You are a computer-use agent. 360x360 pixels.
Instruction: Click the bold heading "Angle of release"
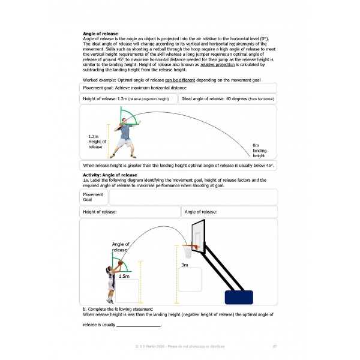pos(100,34)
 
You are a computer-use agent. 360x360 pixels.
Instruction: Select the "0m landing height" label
pos(259,150)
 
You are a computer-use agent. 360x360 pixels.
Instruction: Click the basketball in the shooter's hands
pos(120,263)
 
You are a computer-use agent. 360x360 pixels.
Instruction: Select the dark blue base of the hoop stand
pos(239,297)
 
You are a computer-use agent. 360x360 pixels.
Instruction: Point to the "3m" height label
pos(185,264)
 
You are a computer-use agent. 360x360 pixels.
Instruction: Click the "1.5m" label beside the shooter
pos(124,276)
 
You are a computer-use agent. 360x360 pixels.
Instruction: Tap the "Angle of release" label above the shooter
pos(120,247)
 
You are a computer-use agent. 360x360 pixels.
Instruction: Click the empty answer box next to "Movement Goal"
pos(193,197)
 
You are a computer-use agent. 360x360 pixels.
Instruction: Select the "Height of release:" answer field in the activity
pos(130,212)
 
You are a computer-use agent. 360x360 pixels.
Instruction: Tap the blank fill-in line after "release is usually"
pos(138,325)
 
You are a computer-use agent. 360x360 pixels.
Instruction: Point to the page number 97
pos(274,346)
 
